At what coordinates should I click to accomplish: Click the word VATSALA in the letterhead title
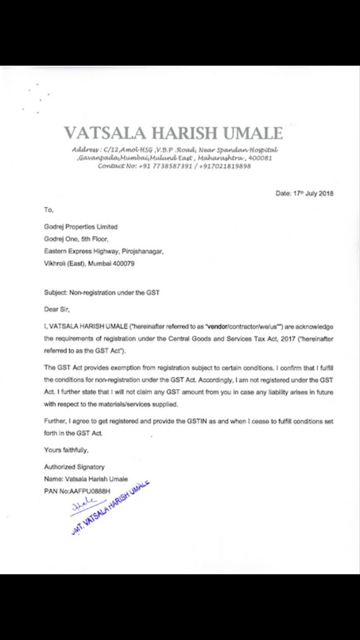[105, 133]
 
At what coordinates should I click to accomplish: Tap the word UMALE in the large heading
[253, 133]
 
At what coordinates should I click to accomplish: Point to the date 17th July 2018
[313, 193]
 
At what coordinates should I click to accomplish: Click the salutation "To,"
[49, 210]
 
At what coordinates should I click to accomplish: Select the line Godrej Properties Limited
[81, 227]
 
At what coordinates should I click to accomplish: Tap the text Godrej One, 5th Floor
[76, 239]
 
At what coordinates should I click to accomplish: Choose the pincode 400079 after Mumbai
[123, 264]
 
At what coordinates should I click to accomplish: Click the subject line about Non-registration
[102, 293]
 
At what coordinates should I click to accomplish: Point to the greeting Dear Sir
[57, 309]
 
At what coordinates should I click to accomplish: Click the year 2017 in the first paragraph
[288, 339]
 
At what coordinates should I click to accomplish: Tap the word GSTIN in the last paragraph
[197, 421]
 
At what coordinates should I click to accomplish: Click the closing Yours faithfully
[66, 450]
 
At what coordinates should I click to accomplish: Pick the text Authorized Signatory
[74, 467]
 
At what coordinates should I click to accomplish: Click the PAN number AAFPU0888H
[90, 491]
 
